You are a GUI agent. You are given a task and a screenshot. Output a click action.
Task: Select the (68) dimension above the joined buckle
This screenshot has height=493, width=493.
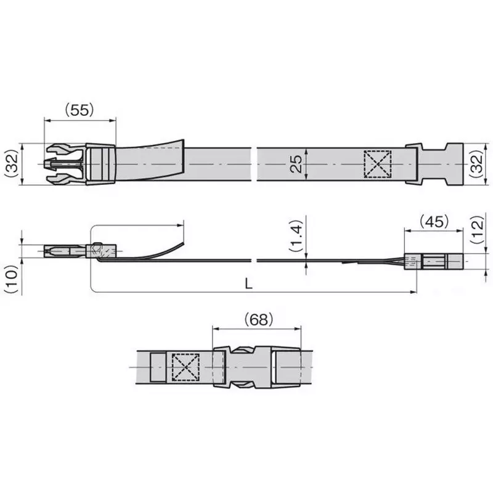click(x=258, y=319)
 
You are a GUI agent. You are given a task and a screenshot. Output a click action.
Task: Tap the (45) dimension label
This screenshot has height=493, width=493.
click(x=434, y=221)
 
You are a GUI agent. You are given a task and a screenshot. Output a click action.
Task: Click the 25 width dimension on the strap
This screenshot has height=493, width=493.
click(x=296, y=163)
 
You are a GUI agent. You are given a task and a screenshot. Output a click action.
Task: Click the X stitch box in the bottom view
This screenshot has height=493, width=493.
click(x=185, y=367)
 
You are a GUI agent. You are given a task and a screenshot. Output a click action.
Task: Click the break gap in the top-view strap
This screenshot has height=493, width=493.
click(x=254, y=164)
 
